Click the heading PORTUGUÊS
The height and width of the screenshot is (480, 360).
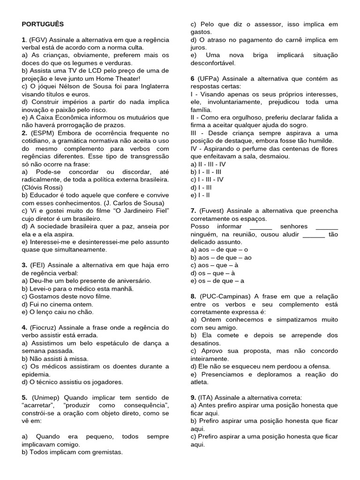pyautogui.click(x=43, y=24)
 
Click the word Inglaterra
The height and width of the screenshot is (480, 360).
pyautogui.click(x=150, y=86)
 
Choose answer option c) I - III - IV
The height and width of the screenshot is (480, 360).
pyautogui.click(x=207, y=179)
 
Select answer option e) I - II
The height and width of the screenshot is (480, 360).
pyautogui.click(x=200, y=195)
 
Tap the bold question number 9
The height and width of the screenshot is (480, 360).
pyautogui.click(x=193, y=397)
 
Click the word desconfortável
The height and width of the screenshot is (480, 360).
pyautogui.click(x=213, y=63)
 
